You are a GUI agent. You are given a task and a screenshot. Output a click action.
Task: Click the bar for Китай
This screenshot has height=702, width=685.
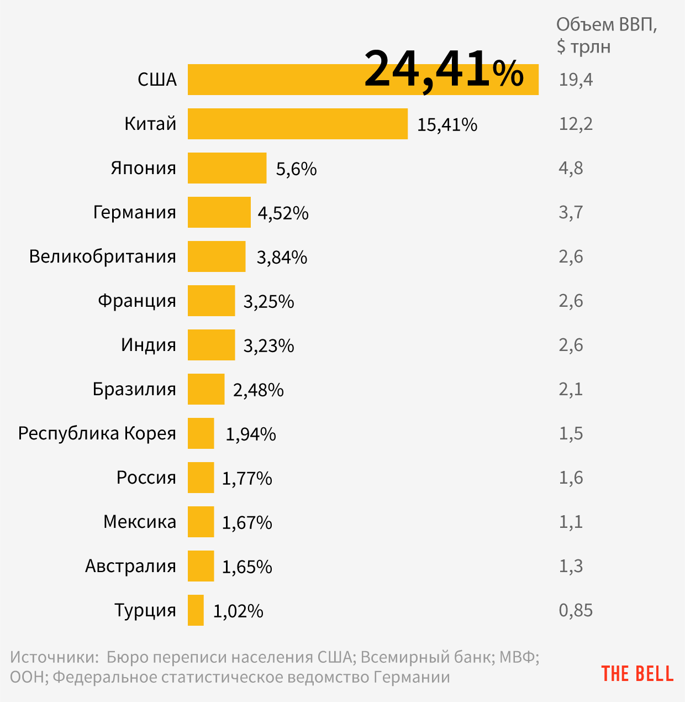pyautogui.click(x=298, y=124)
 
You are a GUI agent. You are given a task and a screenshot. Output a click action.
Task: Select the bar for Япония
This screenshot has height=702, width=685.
pyautogui.click(x=227, y=168)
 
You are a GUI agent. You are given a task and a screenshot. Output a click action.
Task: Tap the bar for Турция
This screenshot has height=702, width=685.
pyautogui.click(x=196, y=610)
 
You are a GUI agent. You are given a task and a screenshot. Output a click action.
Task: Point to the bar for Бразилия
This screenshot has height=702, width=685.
pyautogui.click(x=206, y=389)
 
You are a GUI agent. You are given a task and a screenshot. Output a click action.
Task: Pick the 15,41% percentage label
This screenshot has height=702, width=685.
pyautogui.click(x=447, y=125)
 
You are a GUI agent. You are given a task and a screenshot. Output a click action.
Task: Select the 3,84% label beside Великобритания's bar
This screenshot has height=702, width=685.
pyautogui.click(x=282, y=258)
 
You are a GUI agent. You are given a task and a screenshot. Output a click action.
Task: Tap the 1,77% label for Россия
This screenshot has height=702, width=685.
pyautogui.click(x=247, y=479)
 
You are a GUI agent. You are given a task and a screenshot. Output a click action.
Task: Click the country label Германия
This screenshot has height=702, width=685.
pyautogui.click(x=135, y=212)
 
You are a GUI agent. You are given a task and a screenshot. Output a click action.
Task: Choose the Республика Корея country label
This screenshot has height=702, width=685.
pyautogui.click(x=97, y=433)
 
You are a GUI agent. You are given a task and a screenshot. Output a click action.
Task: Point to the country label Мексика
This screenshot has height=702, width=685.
pyautogui.click(x=140, y=522)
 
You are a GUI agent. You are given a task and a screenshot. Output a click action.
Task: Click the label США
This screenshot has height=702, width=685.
pyautogui.click(x=157, y=80)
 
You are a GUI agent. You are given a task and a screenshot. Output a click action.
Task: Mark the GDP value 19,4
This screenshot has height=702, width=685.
pyautogui.click(x=576, y=80)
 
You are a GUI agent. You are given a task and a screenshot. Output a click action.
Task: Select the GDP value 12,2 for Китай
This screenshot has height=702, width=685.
pyautogui.click(x=576, y=124)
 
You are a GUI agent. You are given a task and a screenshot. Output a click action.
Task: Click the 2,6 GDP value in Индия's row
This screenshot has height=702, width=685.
pyautogui.click(x=571, y=345)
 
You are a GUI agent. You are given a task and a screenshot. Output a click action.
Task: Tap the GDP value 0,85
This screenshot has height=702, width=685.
pyautogui.click(x=576, y=610)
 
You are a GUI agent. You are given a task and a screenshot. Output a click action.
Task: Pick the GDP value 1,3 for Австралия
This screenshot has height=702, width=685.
pyautogui.click(x=571, y=566)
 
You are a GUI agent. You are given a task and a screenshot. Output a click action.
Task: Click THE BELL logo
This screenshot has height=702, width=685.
pyautogui.click(x=637, y=674)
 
